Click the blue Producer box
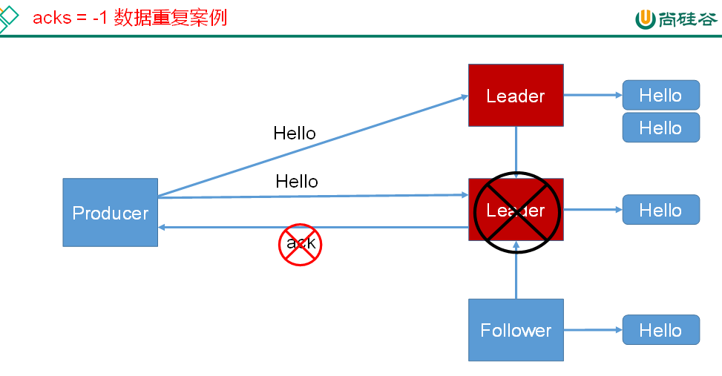pos(110,212)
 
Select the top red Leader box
pos(516,95)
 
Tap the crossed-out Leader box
pos(516,210)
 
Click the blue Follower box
pos(516,330)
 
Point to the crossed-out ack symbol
pos(301,244)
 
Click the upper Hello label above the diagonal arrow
pos(295,133)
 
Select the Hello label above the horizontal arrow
pos(297,181)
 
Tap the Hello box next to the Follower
pos(660,330)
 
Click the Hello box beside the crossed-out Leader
pos(660,210)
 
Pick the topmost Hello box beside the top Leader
pos(660,95)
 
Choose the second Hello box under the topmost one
pos(660,128)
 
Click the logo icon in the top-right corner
pos(645,19)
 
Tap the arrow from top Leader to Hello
pos(592,95)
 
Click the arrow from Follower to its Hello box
pos(592,330)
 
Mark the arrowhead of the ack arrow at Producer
pos(163,227)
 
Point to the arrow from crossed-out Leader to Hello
pos(592,210)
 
